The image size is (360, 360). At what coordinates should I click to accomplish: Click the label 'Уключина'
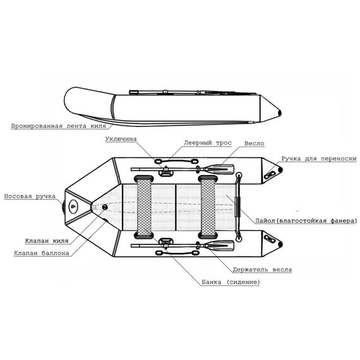(x=121, y=139)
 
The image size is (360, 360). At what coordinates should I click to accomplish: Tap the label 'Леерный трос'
(x=208, y=143)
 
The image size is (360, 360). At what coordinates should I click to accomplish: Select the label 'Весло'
(x=254, y=143)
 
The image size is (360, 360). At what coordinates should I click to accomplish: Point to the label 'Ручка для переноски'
(x=319, y=159)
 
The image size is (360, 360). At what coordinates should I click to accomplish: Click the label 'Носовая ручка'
(x=30, y=196)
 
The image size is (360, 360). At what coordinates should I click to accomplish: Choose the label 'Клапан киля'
(x=47, y=241)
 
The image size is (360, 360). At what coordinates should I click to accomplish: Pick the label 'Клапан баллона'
(x=41, y=253)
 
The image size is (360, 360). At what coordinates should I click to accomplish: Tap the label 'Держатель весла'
(x=262, y=270)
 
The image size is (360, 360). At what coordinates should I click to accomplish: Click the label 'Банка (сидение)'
(x=231, y=282)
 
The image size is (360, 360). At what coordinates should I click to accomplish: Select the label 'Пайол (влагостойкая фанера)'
(x=306, y=221)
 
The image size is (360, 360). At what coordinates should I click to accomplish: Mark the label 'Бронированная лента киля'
(x=59, y=126)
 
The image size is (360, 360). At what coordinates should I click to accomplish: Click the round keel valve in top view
(x=105, y=207)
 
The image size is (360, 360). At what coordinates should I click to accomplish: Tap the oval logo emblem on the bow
(x=73, y=206)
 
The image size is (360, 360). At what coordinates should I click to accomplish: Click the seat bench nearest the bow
(x=144, y=207)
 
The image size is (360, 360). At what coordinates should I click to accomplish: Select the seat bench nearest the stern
(x=208, y=207)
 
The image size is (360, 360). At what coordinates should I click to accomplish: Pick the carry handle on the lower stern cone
(x=270, y=239)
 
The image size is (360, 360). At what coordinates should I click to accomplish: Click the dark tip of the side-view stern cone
(x=280, y=112)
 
